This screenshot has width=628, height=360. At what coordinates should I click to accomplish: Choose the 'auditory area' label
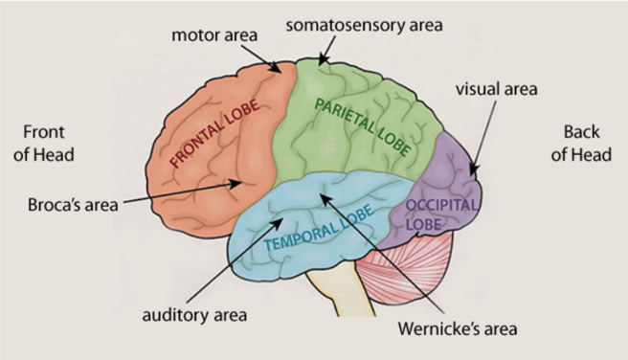point(195,313)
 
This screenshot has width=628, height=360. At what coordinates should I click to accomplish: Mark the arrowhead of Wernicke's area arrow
point(323,195)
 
